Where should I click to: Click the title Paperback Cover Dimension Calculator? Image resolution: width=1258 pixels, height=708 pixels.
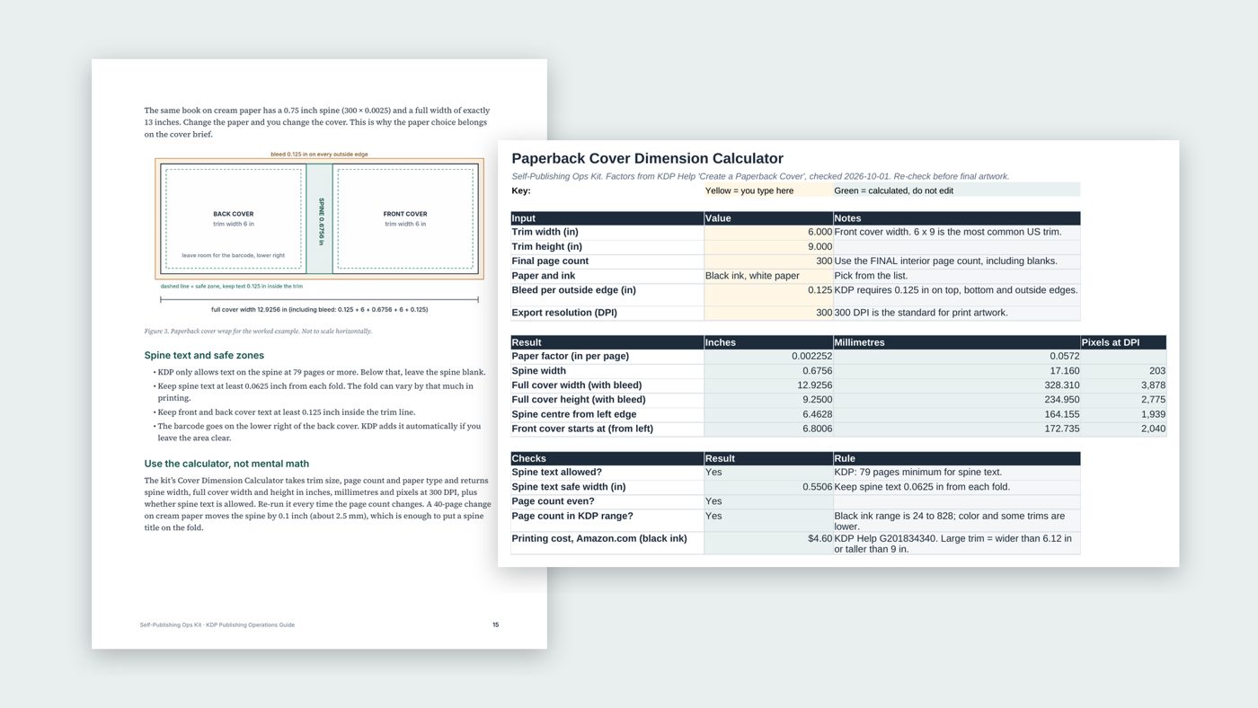click(647, 158)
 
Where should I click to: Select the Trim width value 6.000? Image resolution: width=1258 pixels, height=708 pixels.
click(819, 232)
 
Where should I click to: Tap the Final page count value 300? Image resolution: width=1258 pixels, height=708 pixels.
click(824, 261)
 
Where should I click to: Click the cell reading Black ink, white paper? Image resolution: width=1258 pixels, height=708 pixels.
click(752, 276)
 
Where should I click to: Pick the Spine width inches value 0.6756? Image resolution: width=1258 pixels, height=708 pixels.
click(817, 370)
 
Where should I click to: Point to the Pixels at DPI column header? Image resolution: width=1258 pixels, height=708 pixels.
click(1111, 342)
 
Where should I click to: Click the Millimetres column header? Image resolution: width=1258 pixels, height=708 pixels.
click(859, 342)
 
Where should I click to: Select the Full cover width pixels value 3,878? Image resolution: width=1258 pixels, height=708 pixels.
click(1153, 385)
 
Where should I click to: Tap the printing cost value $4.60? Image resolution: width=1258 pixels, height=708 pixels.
click(819, 538)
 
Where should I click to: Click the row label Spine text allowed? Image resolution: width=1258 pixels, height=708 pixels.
click(556, 473)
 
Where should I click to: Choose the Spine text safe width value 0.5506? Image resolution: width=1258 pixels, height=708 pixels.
click(817, 487)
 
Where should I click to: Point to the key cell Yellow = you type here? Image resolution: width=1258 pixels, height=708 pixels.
click(749, 190)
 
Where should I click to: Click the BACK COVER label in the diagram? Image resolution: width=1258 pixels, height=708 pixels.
click(233, 214)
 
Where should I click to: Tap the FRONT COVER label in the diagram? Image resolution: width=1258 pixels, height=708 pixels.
click(405, 214)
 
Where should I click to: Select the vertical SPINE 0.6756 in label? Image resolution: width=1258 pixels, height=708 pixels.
click(322, 221)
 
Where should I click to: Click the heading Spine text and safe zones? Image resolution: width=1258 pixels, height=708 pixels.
click(204, 356)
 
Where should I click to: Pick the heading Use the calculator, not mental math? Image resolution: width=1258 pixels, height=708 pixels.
click(226, 464)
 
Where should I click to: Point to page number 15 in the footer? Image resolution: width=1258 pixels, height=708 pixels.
click(495, 624)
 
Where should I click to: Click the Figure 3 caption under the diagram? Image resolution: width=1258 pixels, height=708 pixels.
click(258, 332)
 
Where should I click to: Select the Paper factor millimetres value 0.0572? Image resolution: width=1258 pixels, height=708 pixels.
click(1064, 356)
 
